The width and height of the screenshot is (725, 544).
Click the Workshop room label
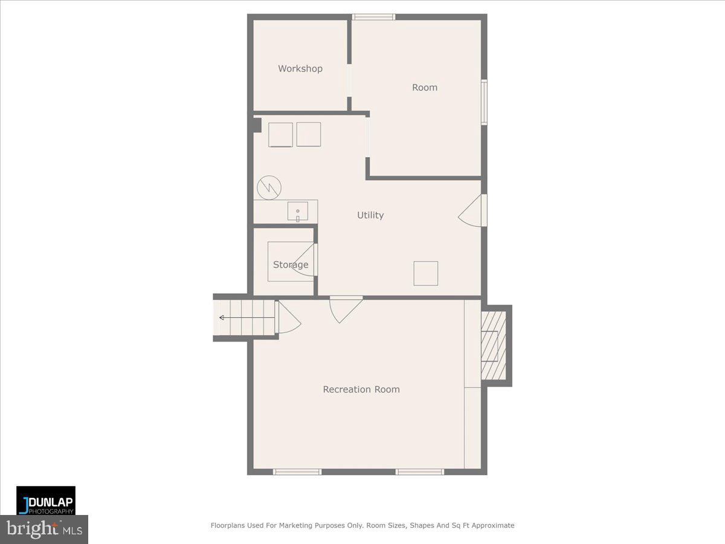pos(300,69)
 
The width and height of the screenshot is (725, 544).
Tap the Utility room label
pos(370,215)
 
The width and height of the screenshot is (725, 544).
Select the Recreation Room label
pos(361,389)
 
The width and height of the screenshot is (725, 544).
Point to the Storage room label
pos(291,265)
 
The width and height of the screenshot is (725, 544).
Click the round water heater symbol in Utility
pos(269,187)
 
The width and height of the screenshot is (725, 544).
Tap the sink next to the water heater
pos(298,212)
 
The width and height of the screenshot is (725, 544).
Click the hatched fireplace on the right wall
pos(494,346)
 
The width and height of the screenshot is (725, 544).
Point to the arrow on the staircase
pos(247,318)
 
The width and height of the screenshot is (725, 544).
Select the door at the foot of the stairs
pos(288,317)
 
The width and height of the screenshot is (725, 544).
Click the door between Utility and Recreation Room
pos(346,309)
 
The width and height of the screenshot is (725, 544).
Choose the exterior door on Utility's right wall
pos(472,210)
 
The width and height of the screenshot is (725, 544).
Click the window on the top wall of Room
pos(373,17)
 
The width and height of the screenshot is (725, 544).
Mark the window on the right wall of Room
pos(484,102)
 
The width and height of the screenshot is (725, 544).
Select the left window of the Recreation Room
pos(297,471)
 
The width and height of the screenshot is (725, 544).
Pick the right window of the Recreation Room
pos(420,471)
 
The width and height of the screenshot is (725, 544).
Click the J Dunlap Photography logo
pos(46,500)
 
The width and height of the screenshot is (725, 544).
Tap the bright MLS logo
pos(44,529)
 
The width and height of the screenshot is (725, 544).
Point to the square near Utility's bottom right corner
pos(426,273)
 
